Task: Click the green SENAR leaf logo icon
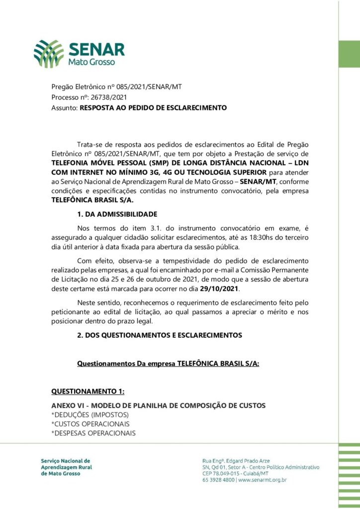pos(49,54)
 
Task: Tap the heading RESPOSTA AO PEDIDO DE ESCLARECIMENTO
pos(153,107)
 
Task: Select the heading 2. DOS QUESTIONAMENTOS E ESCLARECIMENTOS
pos(159,336)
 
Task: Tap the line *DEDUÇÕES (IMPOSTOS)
pos(90,415)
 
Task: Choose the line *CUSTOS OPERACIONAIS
pos(90,424)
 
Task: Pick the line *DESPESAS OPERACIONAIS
pos(93,433)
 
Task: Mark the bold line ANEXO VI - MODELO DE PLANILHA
pos(158,406)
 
